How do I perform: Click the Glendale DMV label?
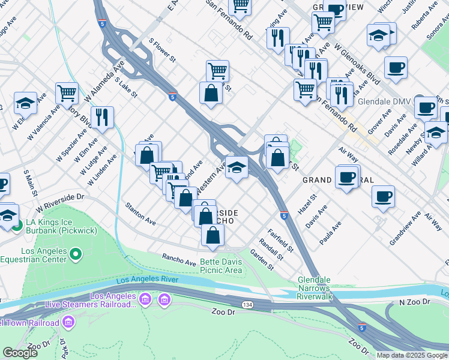coord(383,101)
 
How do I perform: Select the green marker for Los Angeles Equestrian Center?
coord(75,256)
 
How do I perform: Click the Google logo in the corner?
coord(20,353)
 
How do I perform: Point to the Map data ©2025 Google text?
coord(412,355)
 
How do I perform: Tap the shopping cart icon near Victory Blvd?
coord(67,93)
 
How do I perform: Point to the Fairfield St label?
coord(280,239)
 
